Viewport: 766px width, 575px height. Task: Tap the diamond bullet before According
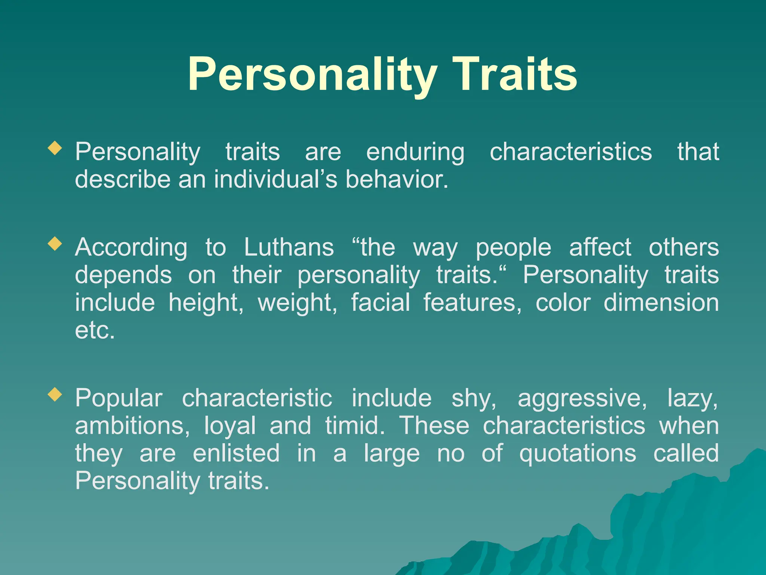coord(55,244)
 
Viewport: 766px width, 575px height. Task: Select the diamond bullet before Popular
coord(55,394)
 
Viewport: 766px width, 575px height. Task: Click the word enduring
coord(415,152)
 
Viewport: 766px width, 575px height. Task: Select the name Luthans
coord(289,247)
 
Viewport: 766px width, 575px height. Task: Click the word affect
coord(600,247)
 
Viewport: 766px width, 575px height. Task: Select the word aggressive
coord(582,398)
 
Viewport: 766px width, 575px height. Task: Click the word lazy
coord(692,398)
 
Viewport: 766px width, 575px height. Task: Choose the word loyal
coord(230,426)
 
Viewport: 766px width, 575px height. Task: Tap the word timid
coord(355,426)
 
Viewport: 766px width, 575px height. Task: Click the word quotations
coord(577,453)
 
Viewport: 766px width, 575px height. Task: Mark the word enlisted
coord(236,453)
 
